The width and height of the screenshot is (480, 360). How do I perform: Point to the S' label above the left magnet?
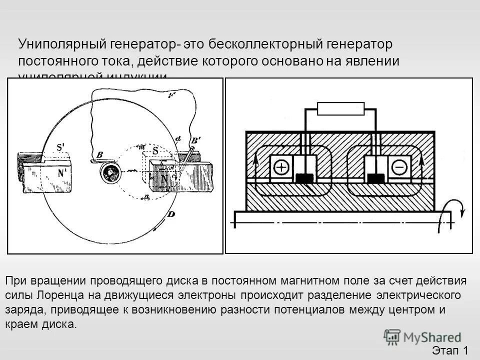(60, 148)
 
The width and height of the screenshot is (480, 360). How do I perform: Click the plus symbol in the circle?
(281, 167)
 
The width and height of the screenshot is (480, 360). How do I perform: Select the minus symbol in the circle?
(398, 167)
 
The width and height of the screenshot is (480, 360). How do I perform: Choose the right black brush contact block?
(376, 177)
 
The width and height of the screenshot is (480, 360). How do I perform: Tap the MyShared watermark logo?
(422, 337)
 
